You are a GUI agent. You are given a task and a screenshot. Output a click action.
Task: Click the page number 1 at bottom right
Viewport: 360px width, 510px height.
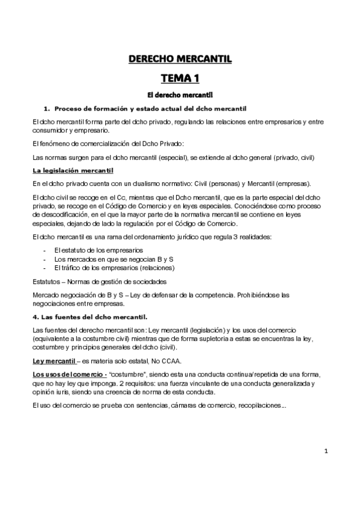point(326,451)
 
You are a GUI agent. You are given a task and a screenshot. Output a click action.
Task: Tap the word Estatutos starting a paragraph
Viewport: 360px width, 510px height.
point(46,281)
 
